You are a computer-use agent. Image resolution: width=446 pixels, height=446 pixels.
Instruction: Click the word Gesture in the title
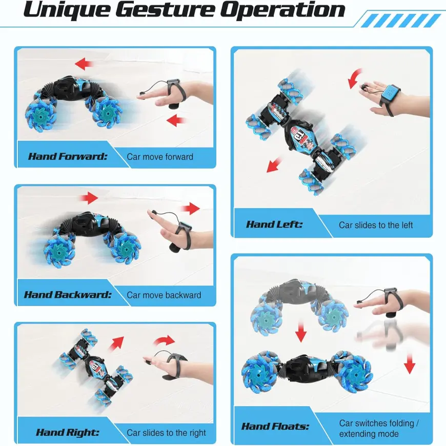(166, 10)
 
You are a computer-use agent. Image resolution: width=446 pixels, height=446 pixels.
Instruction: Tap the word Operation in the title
(283, 10)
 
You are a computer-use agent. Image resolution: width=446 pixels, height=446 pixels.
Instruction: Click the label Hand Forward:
(68, 156)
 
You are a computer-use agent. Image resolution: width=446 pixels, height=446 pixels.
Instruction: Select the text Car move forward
(160, 157)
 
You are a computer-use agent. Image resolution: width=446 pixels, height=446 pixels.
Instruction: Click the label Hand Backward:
(67, 294)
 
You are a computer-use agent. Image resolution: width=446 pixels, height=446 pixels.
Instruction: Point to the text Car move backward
(164, 295)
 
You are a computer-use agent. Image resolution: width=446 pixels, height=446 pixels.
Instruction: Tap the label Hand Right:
(67, 432)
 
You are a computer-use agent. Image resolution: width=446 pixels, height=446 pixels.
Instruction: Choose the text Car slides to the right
(166, 433)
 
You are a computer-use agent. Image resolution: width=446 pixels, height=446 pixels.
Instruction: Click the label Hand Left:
(274, 225)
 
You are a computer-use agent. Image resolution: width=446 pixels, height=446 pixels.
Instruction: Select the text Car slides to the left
(375, 225)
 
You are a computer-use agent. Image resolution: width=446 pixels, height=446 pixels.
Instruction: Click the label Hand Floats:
(275, 427)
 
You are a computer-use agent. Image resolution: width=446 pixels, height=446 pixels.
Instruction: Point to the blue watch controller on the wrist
(390, 95)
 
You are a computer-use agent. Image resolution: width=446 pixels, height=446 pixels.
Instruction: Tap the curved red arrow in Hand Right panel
(164, 340)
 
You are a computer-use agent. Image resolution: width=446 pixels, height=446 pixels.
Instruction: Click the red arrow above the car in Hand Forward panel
(84, 64)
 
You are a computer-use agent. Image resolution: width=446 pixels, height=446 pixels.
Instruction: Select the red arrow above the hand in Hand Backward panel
(190, 209)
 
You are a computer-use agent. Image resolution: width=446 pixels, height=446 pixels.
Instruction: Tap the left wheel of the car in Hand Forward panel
(40, 114)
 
